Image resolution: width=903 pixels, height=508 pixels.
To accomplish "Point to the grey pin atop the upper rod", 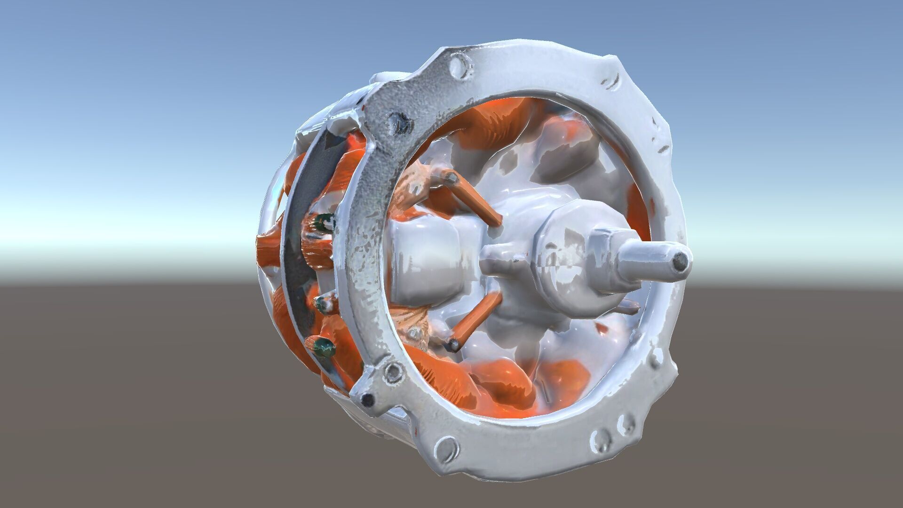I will (x=450, y=178).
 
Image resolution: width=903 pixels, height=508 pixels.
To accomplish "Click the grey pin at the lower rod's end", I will (x=454, y=345).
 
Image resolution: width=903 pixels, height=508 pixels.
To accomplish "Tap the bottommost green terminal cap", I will (x=325, y=348).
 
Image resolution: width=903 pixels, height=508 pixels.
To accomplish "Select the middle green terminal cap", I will (x=324, y=305).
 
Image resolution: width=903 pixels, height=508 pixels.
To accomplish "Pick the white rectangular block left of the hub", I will (x=423, y=263).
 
